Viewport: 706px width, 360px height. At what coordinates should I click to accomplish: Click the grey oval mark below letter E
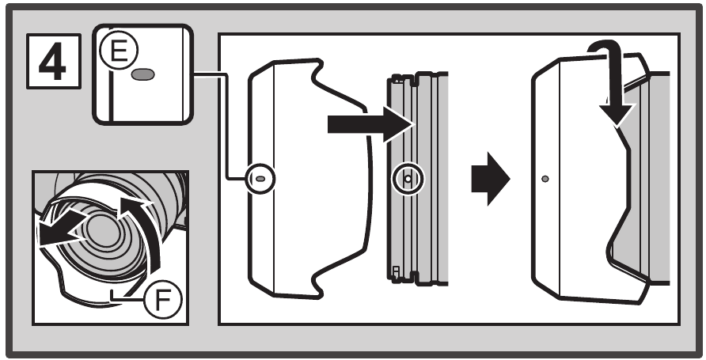pyautogui.click(x=144, y=74)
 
